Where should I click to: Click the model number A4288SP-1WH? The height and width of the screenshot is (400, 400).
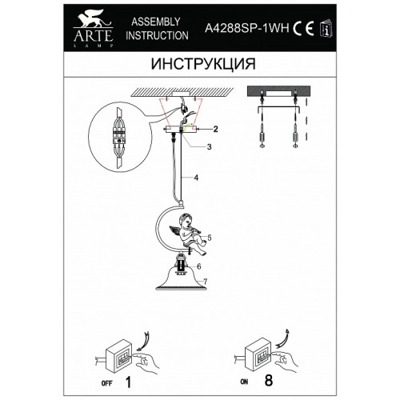click(246, 28)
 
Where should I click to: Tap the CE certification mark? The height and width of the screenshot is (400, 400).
click(303, 27)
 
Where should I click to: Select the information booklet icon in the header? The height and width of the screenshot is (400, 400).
click(326, 28)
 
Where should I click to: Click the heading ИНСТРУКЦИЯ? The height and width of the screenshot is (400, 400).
click(203, 64)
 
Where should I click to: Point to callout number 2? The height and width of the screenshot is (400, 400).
click(215, 129)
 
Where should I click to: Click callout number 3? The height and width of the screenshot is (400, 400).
click(209, 146)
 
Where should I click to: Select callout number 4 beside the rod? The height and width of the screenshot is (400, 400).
click(196, 178)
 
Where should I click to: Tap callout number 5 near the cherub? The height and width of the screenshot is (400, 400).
click(210, 238)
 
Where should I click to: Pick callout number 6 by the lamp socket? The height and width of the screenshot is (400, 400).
click(199, 266)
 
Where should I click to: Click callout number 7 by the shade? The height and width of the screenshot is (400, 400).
click(205, 282)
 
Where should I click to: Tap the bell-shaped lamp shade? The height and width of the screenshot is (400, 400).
click(182, 280)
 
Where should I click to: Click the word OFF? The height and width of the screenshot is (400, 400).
click(107, 383)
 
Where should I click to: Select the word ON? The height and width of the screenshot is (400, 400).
click(244, 382)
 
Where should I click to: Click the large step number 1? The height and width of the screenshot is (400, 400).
click(128, 382)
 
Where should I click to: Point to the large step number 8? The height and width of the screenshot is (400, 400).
click(269, 380)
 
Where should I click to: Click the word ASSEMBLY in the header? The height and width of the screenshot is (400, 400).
click(156, 22)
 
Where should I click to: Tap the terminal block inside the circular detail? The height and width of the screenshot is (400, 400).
click(119, 136)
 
